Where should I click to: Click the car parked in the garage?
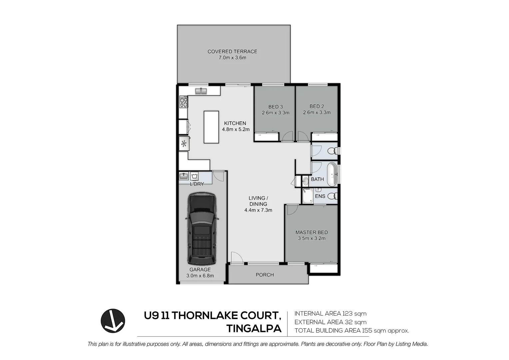point(202,229)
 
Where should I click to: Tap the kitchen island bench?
point(211,127)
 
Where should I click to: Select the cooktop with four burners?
point(184,102)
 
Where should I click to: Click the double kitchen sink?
point(201,91)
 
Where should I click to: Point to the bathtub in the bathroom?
point(332,174)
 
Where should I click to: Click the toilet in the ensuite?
point(333,196)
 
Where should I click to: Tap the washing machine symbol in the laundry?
point(194,176)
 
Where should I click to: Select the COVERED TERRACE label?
point(232,52)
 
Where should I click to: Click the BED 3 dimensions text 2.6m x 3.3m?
point(275,113)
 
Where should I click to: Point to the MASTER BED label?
point(311,232)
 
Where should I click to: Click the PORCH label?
point(265,275)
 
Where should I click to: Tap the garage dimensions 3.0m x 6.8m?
point(200,276)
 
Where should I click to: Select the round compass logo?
point(113,321)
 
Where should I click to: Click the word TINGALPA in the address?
point(254,329)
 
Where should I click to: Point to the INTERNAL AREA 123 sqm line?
point(330,314)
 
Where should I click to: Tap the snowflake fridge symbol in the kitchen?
point(184,143)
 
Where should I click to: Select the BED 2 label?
point(317,106)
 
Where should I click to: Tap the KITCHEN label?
point(235,123)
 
